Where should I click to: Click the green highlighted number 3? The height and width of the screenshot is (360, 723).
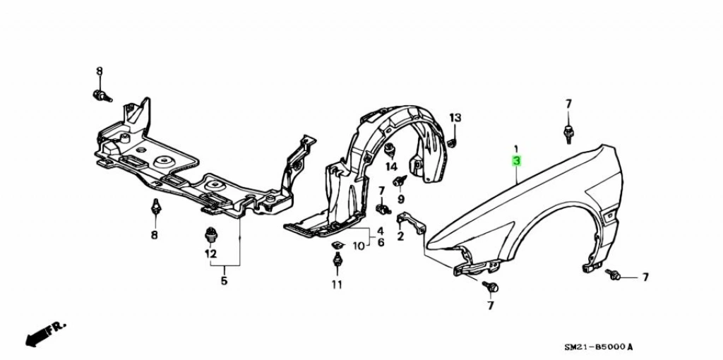point(516,161)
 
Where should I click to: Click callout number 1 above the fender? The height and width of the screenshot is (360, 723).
point(516,149)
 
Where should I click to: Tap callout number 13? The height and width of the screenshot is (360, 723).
point(455,116)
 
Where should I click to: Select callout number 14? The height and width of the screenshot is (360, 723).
point(391,167)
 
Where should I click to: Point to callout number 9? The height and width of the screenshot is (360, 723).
point(401,200)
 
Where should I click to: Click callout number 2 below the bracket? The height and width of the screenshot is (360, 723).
point(400,236)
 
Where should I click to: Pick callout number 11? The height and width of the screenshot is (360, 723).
point(337,284)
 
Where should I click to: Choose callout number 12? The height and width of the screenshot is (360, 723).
point(210,253)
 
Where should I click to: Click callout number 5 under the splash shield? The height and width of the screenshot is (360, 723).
point(224,281)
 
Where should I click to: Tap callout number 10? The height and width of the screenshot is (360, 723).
point(359,246)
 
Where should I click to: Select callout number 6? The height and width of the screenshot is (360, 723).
point(380,243)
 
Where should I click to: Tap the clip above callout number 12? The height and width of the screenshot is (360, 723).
point(210,234)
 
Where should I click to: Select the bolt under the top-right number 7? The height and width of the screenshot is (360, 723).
point(568,132)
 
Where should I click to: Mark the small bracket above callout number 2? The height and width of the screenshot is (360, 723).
point(411,220)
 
